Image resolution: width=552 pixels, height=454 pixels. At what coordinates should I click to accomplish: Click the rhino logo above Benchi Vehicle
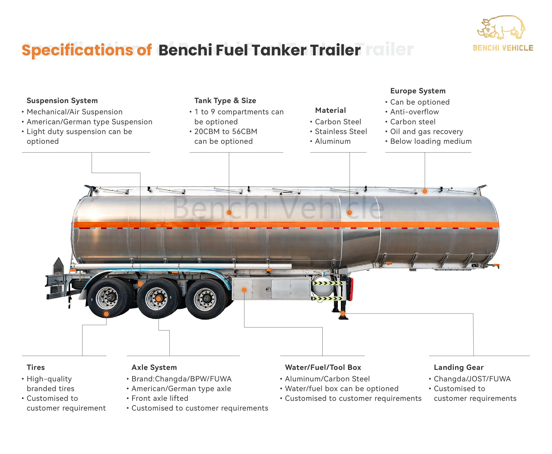(501, 27)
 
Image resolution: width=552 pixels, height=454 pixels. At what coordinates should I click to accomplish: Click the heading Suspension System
(62, 100)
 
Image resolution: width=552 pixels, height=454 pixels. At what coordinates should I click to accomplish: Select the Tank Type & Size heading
(225, 100)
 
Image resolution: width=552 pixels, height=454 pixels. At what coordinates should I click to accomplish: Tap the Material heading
(330, 110)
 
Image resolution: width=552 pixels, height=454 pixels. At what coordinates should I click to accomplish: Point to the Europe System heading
(418, 91)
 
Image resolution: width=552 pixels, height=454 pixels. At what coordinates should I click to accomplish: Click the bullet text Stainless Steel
(341, 131)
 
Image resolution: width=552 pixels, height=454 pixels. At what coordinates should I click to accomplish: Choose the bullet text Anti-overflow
(414, 112)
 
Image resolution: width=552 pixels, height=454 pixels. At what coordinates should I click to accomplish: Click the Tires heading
(36, 367)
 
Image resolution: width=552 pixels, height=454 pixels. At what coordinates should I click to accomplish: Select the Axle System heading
(154, 367)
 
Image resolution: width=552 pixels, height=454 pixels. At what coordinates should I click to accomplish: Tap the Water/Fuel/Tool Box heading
(323, 367)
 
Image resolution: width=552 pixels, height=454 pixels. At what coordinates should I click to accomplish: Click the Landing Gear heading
(459, 367)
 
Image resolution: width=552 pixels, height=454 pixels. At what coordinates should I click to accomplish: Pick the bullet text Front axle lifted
(160, 398)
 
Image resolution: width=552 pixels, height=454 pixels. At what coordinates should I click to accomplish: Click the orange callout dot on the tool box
(244, 290)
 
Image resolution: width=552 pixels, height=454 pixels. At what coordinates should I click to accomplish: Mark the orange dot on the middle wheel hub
(158, 299)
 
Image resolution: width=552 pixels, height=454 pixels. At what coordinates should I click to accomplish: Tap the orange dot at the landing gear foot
(343, 313)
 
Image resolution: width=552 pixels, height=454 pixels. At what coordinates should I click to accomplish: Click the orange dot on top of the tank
(425, 191)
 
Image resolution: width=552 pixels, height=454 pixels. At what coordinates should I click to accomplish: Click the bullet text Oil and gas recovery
(426, 131)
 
